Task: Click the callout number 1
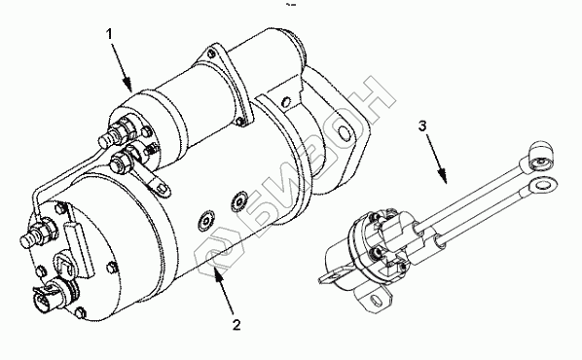click(x=109, y=34)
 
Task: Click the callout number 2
click(x=236, y=325)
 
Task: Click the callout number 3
click(x=422, y=126)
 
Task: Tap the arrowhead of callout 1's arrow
click(x=128, y=85)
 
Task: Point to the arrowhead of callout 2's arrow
click(x=218, y=274)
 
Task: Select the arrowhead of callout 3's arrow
click(x=443, y=176)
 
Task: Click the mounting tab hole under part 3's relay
click(x=376, y=300)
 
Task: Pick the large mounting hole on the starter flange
click(x=345, y=134)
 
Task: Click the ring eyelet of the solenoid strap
click(x=161, y=189)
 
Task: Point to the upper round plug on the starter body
click(x=239, y=201)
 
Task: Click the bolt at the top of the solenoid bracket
click(x=212, y=54)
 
